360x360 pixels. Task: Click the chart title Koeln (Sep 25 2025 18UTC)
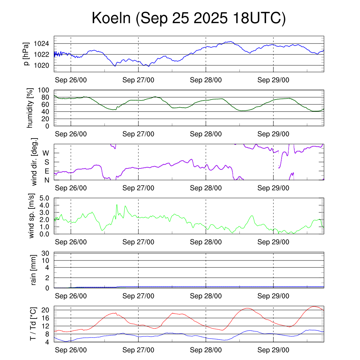pos(188,18)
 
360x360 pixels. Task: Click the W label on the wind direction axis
pos(46,153)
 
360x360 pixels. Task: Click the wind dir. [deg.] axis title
pos(34,162)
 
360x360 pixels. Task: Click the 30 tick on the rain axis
pos(46,253)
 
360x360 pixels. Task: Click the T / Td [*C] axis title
pos(33,324)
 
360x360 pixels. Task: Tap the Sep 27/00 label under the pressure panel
pos(138,80)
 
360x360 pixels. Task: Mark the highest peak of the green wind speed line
pos(117,205)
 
